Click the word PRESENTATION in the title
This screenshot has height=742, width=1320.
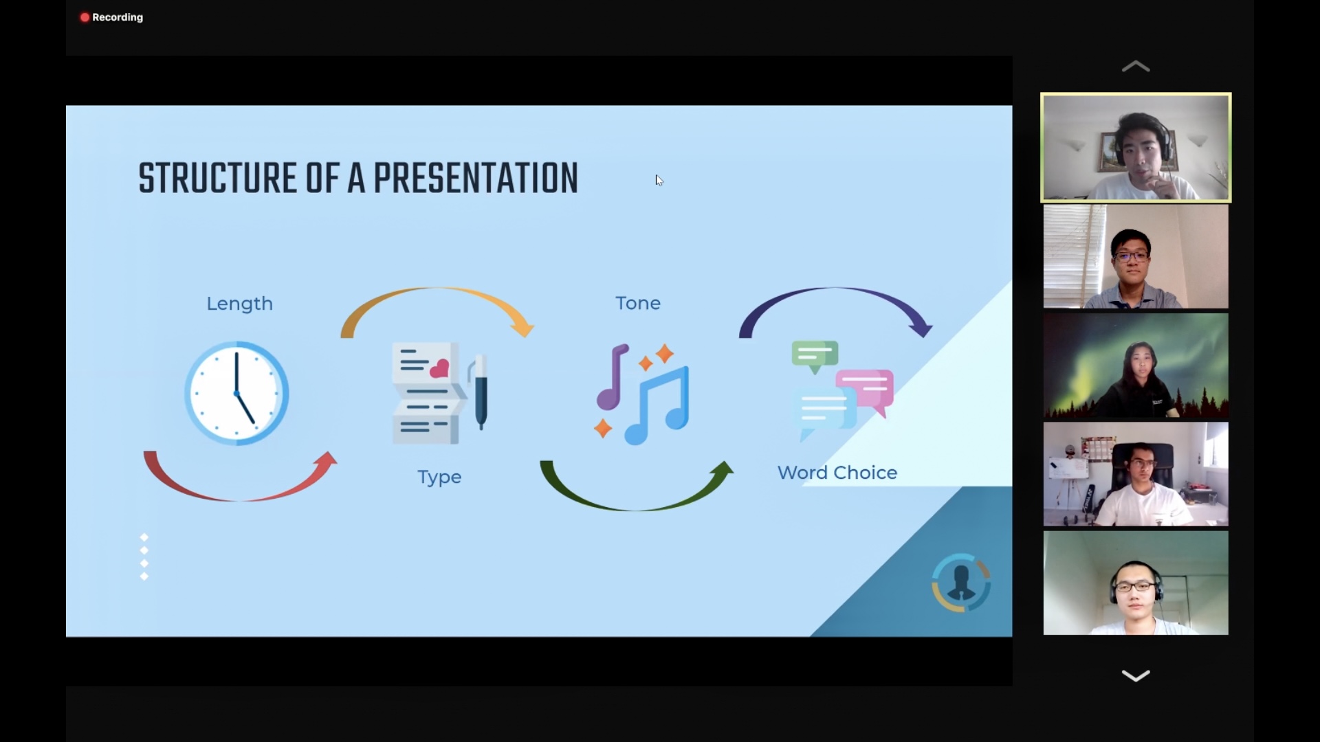(x=476, y=179)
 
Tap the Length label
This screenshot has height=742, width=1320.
(x=240, y=304)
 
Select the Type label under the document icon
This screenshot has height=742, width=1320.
(x=439, y=477)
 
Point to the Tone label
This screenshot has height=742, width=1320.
(x=638, y=303)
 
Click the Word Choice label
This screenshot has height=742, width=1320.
(x=837, y=473)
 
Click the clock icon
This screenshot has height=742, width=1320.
(x=236, y=394)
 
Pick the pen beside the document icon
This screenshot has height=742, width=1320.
(x=480, y=392)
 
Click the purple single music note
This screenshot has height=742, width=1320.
(x=612, y=376)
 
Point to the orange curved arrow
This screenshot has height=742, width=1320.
(x=438, y=289)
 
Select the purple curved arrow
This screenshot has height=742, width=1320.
(x=835, y=289)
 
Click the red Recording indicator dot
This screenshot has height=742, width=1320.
(x=85, y=17)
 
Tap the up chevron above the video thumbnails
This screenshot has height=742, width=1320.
(x=1136, y=67)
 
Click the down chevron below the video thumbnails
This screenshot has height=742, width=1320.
(x=1136, y=675)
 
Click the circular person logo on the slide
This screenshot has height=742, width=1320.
(x=961, y=583)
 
